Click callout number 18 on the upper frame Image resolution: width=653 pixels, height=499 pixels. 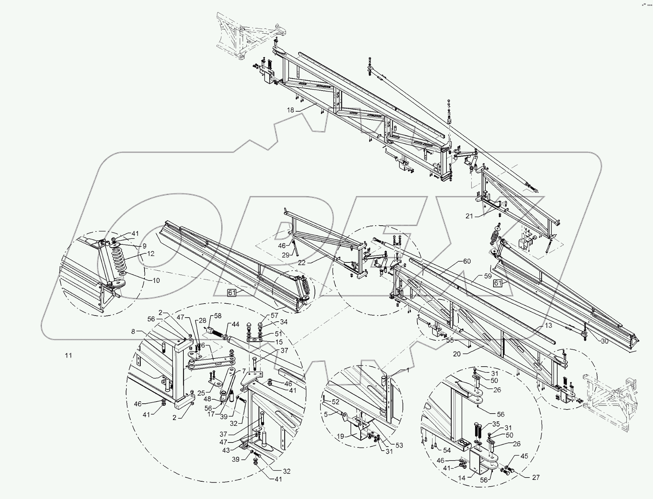[x=290, y=110]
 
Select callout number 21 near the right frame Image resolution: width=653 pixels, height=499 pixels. [x=469, y=216]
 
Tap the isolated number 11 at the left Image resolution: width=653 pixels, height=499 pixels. [x=69, y=355]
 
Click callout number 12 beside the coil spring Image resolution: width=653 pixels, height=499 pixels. [x=151, y=254]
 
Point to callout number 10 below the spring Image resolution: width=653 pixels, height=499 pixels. [x=156, y=280]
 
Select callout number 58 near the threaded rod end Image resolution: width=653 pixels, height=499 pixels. [x=217, y=316]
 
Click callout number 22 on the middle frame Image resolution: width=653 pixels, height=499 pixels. [x=302, y=263]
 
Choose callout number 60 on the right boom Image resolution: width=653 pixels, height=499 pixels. [x=467, y=261]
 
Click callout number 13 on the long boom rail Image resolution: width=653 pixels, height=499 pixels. [x=548, y=325]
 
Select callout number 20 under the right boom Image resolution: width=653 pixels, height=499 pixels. [x=457, y=354]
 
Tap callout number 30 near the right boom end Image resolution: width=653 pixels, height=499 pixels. [x=604, y=341]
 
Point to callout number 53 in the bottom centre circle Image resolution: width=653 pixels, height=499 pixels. [x=399, y=445]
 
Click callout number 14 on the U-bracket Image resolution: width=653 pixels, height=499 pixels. [x=461, y=478]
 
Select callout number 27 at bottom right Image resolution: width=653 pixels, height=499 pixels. [x=535, y=477]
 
